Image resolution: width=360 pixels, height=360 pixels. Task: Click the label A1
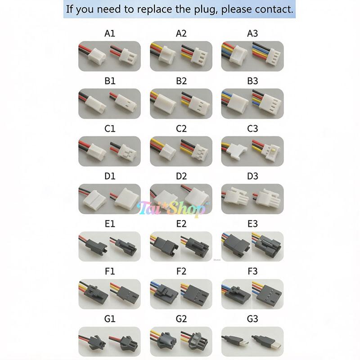pyautogui.click(x=110, y=33)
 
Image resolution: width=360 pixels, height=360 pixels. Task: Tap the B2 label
pyautogui.click(x=181, y=81)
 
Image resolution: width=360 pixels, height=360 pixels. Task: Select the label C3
pyautogui.click(x=252, y=129)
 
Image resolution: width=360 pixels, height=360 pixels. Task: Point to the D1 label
pyautogui.click(x=110, y=176)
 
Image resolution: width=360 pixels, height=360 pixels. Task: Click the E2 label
pyautogui.click(x=181, y=224)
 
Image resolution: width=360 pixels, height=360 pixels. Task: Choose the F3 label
pyautogui.click(x=252, y=271)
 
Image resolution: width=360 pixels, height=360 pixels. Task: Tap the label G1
pyautogui.click(x=110, y=319)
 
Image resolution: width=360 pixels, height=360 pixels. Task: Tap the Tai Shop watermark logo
pyautogui.click(x=173, y=208)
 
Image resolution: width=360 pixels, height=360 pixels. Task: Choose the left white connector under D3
pyautogui.click(x=238, y=197)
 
